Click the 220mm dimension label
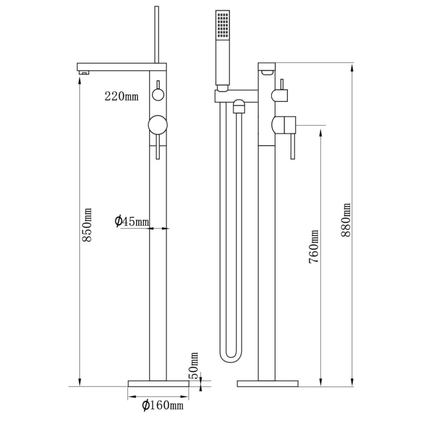click(x=122, y=96)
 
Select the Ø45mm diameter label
click(x=132, y=221)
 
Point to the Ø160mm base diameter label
click(x=163, y=405)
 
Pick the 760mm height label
click(x=314, y=246)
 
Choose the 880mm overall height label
click(x=346, y=220)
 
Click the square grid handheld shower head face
click(x=223, y=24)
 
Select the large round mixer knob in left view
click(x=158, y=125)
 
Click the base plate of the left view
click(x=158, y=383)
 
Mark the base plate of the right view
click(x=268, y=384)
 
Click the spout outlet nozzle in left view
click(x=84, y=72)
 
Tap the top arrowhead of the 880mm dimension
click(x=352, y=67)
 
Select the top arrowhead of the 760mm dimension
click(x=321, y=133)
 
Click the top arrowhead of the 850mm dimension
click(x=79, y=81)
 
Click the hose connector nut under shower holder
click(x=239, y=106)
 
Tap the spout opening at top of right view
click(x=267, y=72)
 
